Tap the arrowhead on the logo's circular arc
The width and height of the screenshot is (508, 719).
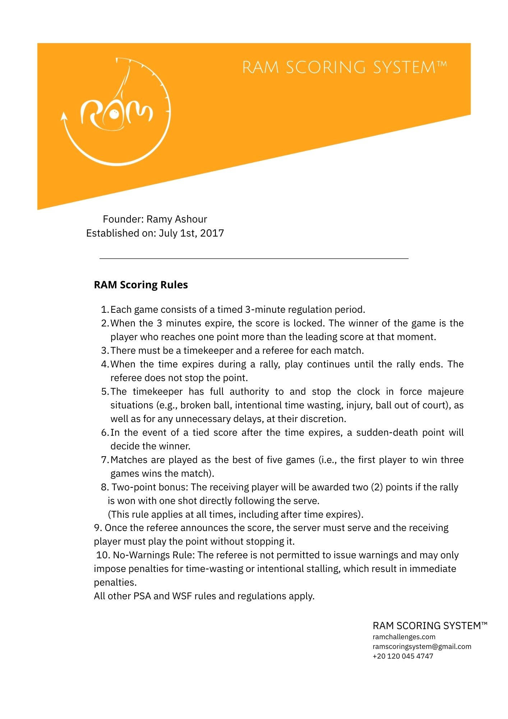point(65,116)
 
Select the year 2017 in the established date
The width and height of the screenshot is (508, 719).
point(212,233)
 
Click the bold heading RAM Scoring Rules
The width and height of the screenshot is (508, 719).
point(140,285)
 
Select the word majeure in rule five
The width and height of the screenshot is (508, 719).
point(446,391)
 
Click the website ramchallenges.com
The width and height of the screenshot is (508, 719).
point(404,637)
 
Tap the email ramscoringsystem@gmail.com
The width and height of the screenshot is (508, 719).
point(422,646)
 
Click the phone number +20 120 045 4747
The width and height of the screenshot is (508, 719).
point(403,656)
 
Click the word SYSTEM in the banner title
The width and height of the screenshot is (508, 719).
point(409,68)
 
